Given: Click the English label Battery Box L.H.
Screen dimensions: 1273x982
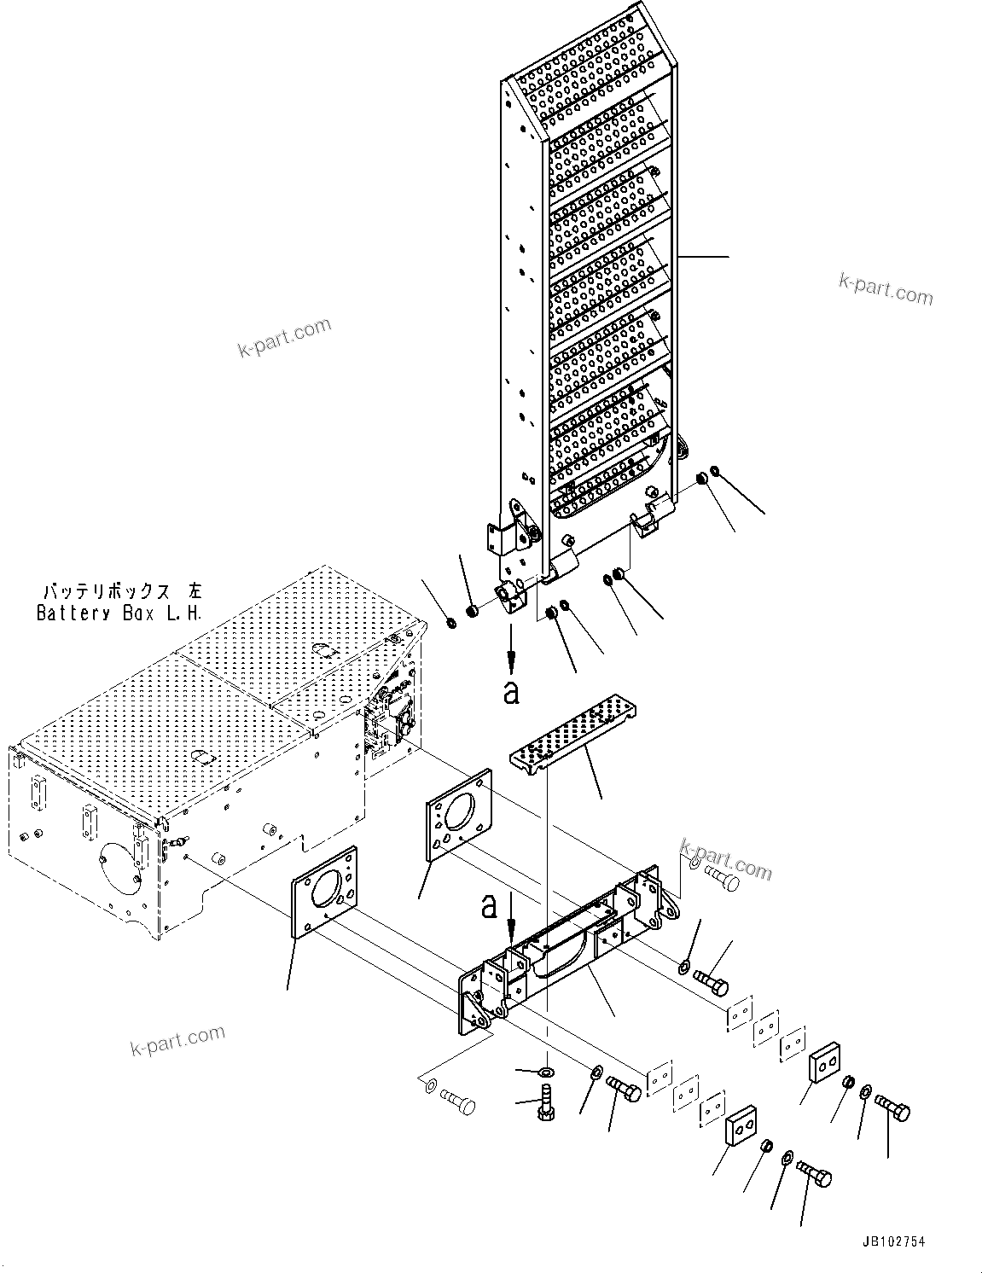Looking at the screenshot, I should click(x=119, y=613).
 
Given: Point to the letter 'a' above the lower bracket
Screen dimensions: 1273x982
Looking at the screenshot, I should click(x=489, y=906).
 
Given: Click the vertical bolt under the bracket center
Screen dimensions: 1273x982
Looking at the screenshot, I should click(x=544, y=1101).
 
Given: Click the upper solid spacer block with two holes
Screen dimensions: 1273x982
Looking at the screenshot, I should click(x=825, y=1062).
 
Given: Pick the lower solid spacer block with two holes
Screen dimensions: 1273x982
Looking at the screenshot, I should click(x=741, y=1126).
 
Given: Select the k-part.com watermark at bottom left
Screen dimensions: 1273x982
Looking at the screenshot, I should click(x=177, y=1041).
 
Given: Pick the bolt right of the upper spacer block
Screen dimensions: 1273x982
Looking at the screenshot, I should click(x=892, y=1109).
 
